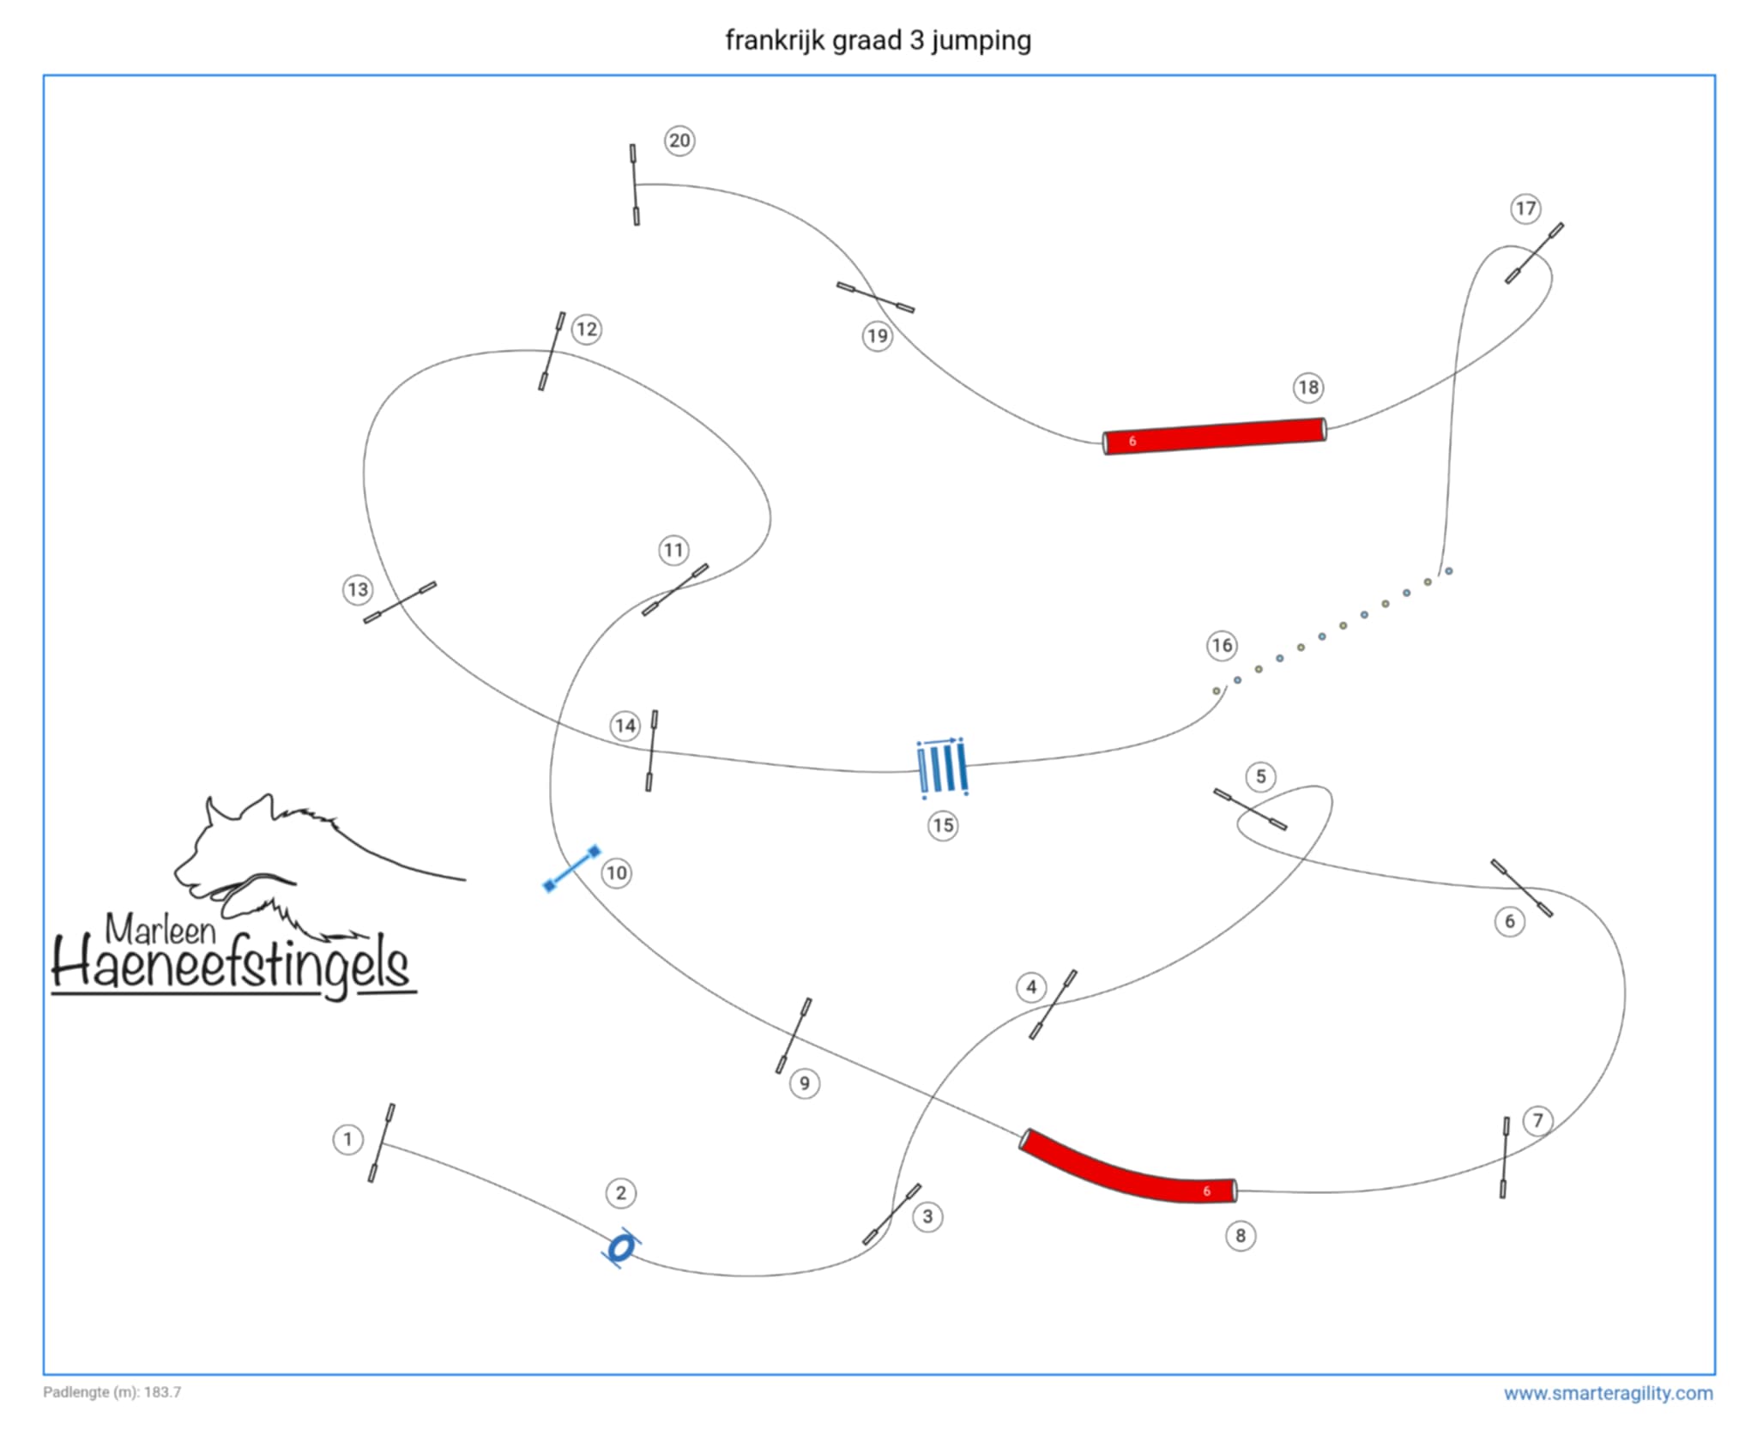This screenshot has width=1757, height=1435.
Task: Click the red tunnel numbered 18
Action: [1214, 436]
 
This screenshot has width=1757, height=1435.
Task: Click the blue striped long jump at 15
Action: [942, 767]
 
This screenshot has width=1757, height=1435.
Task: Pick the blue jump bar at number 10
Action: [572, 868]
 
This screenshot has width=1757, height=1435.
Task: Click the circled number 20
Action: [679, 141]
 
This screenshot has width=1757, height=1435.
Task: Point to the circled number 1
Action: [347, 1139]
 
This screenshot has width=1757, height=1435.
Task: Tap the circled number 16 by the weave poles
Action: [1222, 645]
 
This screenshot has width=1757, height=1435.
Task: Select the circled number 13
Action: [357, 589]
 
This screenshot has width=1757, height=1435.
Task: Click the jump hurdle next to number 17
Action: [1534, 253]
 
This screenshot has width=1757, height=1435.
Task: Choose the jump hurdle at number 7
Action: [1505, 1157]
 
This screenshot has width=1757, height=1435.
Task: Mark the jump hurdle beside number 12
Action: [552, 351]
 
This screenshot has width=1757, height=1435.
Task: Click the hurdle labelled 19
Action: [875, 297]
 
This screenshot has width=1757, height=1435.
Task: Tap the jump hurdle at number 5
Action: [1250, 809]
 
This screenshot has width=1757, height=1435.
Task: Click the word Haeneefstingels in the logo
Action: [232, 965]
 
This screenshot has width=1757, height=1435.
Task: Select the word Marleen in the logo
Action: [160, 930]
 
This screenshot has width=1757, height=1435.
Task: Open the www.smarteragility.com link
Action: [1608, 1393]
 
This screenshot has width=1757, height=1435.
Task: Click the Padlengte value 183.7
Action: [162, 1392]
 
